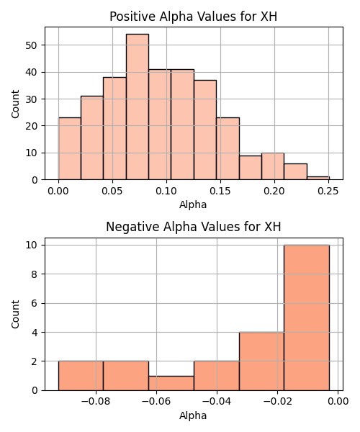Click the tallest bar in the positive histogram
coord(138,107)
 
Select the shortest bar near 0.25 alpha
coord(318,179)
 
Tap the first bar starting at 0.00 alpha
coord(70,149)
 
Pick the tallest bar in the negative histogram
coord(307,318)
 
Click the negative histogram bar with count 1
coord(171,383)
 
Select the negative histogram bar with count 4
coord(261,361)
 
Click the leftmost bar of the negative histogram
coord(81,376)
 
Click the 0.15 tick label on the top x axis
coord(220,191)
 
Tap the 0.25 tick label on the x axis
coord(328,191)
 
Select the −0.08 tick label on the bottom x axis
coord(96,402)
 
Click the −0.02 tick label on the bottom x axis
coord(277,402)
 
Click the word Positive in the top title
coord(132,17)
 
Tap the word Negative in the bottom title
coord(132,227)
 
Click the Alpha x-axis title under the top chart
coord(193,204)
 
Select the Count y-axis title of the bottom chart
coord(15,315)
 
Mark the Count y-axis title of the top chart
coord(15,104)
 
